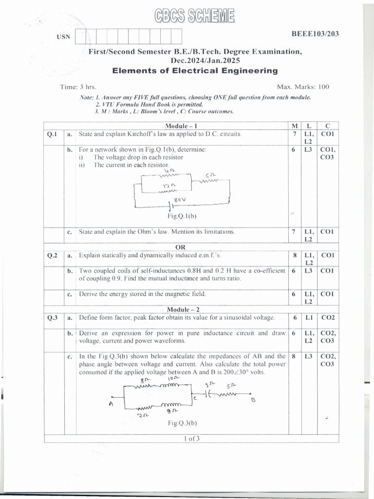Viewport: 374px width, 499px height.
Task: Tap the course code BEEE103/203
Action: click(x=315, y=34)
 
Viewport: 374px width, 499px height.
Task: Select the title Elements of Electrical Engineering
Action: click(x=195, y=71)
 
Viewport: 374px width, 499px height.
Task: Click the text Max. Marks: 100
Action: click(x=303, y=87)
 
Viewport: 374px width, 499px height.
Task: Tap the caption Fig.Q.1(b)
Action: click(x=182, y=215)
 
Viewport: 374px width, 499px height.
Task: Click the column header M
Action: click(x=294, y=126)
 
